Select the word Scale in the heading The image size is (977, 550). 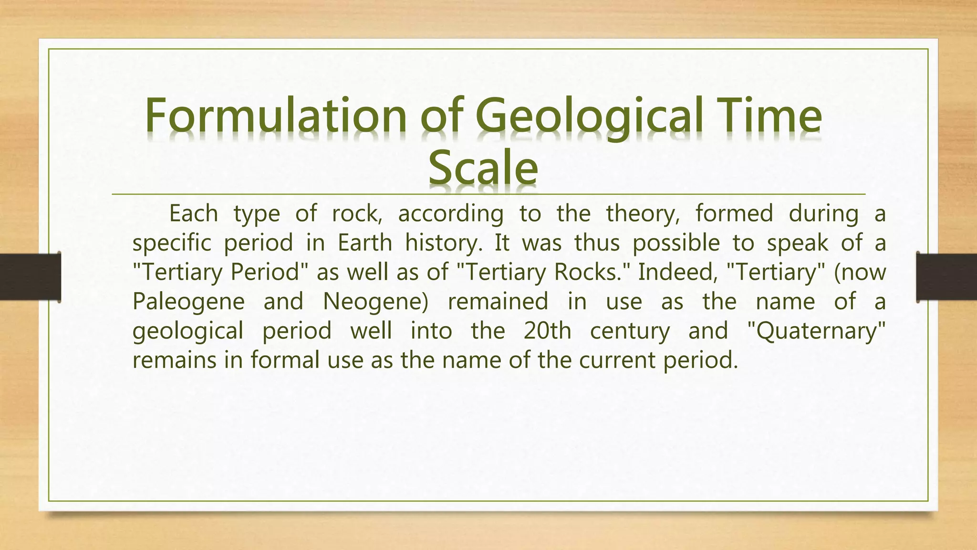(x=483, y=168)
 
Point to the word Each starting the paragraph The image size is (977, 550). (x=193, y=213)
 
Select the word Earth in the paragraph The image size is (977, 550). (x=364, y=243)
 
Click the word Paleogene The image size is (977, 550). (x=188, y=302)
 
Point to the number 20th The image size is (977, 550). (x=547, y=331)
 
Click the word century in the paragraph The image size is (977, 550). (x=630, y=331)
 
